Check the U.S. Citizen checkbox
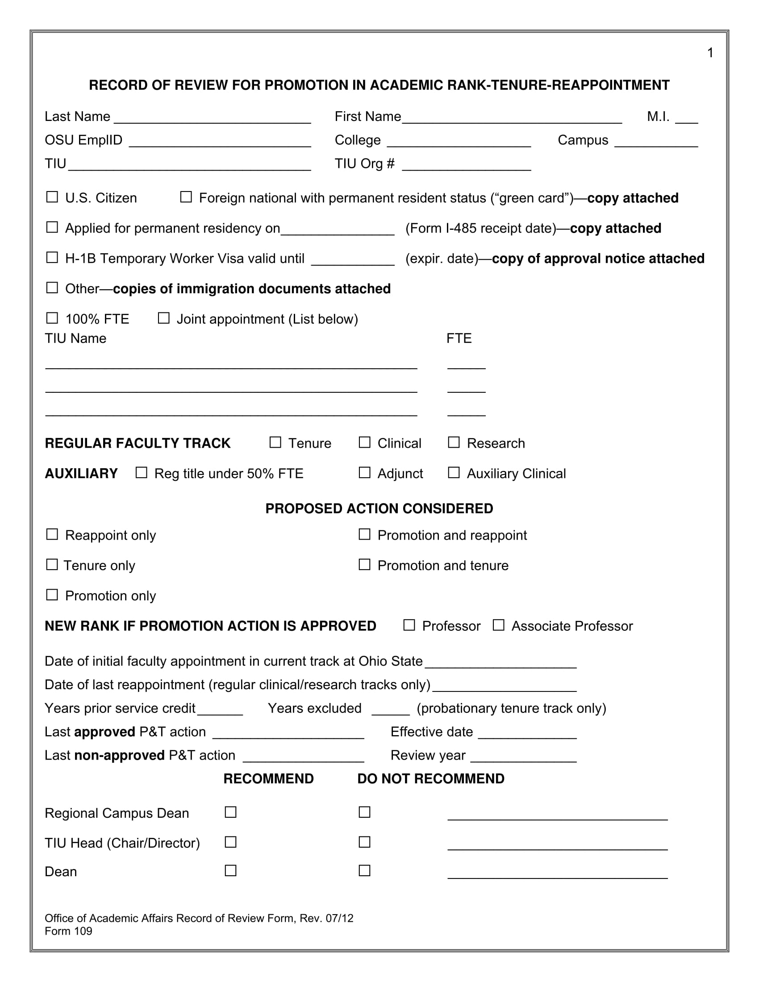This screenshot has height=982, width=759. (x=52, y=197)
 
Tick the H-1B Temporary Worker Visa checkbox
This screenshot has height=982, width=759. (x=52, y=258)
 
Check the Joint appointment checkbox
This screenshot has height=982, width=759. (x=164, y=318)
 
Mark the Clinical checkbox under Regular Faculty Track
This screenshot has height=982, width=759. (x=364, y=442)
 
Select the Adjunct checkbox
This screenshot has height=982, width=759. (x=364, y=473)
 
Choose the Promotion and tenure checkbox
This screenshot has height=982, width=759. (x=364, y=565)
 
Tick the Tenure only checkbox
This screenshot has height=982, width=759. (x=52, y=565)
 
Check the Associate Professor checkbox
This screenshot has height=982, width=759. (x=498, y=625)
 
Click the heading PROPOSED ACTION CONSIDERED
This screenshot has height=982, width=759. (x=379, y=508)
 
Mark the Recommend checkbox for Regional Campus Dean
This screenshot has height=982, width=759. (x=231, y=812)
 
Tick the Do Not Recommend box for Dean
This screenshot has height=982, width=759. (x=364, y=871)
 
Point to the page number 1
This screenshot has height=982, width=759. (x=710, y=53)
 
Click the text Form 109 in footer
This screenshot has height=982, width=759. (x=68, y=931)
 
